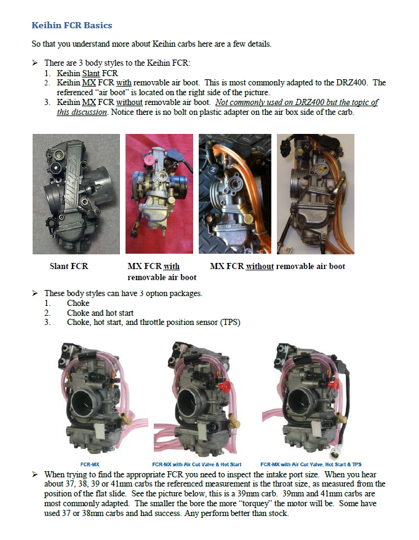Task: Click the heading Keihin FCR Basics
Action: (x=71, y=26)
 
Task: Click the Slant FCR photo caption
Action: (x=68, y=266)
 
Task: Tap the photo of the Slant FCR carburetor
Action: (x=76, y=194)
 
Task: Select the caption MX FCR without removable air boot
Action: (x=277, y=266)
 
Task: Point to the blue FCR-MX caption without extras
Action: (x=90, y=464)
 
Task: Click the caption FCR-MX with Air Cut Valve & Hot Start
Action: (x=196, y=464)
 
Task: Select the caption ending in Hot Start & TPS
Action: (x=310, y=464)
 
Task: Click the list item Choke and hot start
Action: (x=100, y=313)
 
